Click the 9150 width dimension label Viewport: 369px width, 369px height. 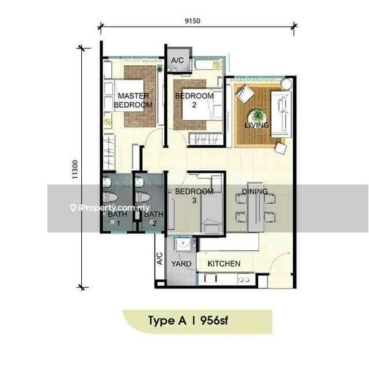[192, 21]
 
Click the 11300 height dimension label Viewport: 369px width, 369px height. [75, 170]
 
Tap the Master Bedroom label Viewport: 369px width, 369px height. [133, 100]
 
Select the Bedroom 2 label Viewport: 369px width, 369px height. [194, 100]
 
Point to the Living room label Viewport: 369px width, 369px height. [256, 125]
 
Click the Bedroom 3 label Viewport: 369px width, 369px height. [194, 196]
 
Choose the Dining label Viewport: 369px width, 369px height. [255, 191]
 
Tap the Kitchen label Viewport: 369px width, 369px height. [224, 264]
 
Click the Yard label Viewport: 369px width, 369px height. [181, 264]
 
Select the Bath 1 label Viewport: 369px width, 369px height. [117, 218]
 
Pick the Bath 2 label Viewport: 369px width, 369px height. [154, 218]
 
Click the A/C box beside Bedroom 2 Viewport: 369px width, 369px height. [178, 60]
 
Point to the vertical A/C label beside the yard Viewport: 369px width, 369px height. [159, 258]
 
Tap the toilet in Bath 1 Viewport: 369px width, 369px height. [111, 197]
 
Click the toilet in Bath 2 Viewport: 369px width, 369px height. [143, 197]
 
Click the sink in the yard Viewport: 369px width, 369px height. [183, 245]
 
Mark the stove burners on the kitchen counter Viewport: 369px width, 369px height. [244, 280]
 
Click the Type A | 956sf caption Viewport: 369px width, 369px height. [188, 320]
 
